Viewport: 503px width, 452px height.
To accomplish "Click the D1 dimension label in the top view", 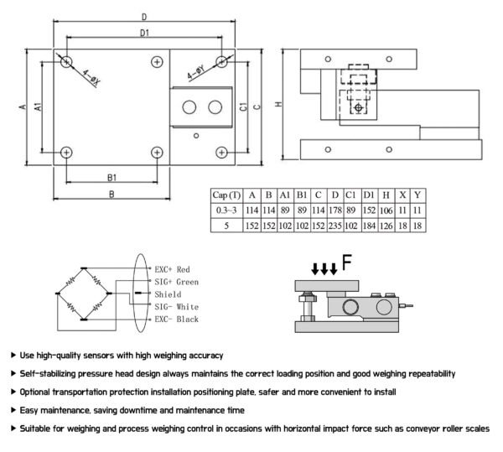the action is pyautogui.click(x=144, y=33).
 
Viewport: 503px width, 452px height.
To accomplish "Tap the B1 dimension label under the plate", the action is pyautogui.click(x=111, y=178).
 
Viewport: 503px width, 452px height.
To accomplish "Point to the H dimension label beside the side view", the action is pyautogui.click(x=278, y=104).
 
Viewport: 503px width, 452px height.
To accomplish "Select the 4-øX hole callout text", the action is pyautogui.click(x=91, y=77).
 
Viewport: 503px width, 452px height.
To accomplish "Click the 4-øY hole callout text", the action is pyautogui.click(x=196, y=73).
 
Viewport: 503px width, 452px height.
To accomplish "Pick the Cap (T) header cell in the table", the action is pyautogui.click(x=226, y=195).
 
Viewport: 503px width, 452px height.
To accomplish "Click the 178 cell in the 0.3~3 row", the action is pyautogui.click(x=334, y=210).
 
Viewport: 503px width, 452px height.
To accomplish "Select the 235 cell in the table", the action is pyautogui.click(x=334, y=226).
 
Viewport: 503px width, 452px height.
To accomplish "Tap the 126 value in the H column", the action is pyautogui.click(x=386, y=226).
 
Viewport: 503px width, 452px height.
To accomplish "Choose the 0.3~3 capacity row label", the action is pyautogui.click(x=226, y=210).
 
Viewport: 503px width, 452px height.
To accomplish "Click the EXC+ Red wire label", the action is pyautogui.click(x=172, y=269).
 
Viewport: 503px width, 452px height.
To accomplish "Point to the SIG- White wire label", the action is pyautogui.click(x=176, y=307).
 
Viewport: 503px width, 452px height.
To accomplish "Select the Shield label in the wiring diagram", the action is pyautogui.click(x=168, y=294).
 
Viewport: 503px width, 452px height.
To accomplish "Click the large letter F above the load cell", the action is pyautogui.click(x=347, y=262).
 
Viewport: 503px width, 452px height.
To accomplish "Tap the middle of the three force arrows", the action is pyautogui.click(x=324, y=269).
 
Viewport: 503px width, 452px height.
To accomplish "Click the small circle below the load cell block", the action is pyautogui.click(x=196, y=136).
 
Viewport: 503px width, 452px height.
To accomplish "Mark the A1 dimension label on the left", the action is pyautogui.click(x=38, y=107).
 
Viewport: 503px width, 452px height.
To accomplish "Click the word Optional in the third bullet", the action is pyautogui.click(x=34, y=392).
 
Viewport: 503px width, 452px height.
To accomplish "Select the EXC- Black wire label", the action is pyautogui.click(x=176, y=320).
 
